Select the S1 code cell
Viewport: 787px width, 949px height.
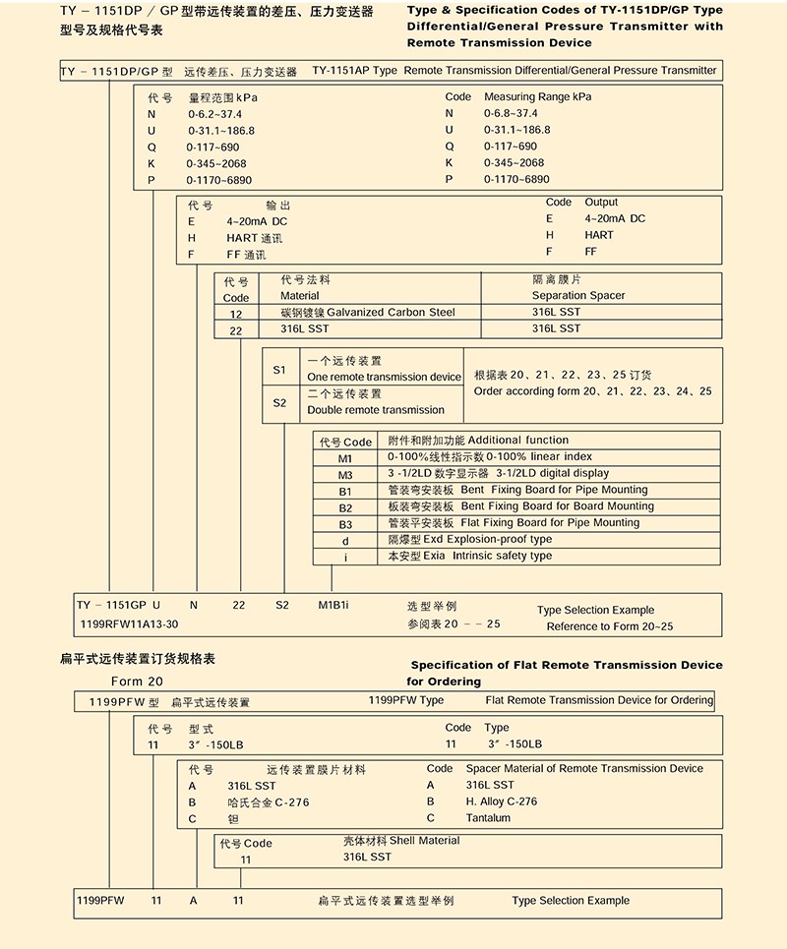[x=279, y=370]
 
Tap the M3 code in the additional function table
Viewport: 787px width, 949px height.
[x=344, y=474]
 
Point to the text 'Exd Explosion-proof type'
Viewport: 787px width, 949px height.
[x=470, y=539]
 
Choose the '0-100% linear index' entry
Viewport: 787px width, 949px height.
[x=539, y=457]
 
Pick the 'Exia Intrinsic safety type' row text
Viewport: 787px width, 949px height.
[x=470, y=556]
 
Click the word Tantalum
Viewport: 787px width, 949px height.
[x=488, y=818]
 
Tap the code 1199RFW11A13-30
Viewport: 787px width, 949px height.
[x=128, y=624]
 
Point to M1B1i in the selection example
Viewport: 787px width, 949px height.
[x=338, y=606]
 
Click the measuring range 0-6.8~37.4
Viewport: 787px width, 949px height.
[x=511, y=113]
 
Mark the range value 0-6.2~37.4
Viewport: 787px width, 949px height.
[x=214, y=114]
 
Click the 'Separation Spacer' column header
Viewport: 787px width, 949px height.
[x=578, y=295]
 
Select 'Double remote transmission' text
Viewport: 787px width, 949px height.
[x=376, y=410]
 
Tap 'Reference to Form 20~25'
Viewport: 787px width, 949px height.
[x=610, y=626]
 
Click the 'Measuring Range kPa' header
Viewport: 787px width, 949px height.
[x=537, y=97]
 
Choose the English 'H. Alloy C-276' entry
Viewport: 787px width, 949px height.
[x=502, y=801]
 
